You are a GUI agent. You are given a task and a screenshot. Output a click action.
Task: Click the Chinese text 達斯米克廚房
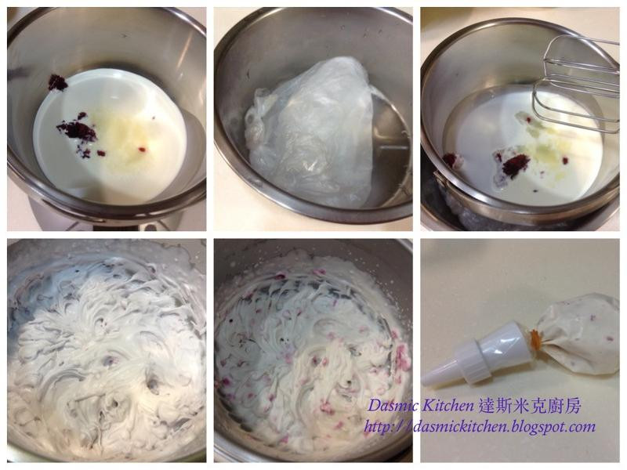pyautogui.click(x=529, y=407)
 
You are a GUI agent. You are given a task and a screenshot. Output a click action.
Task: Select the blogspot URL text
pyautogui.click(x=479, y=427)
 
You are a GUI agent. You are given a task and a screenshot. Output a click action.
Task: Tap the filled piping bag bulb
pyautogui.click(x=579, y=334)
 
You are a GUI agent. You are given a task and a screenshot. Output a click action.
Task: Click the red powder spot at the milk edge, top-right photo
pyautogui.click(x=449, y=160)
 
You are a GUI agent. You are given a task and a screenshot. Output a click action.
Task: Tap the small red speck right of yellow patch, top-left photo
pyautogui.click(x=142, y=150)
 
